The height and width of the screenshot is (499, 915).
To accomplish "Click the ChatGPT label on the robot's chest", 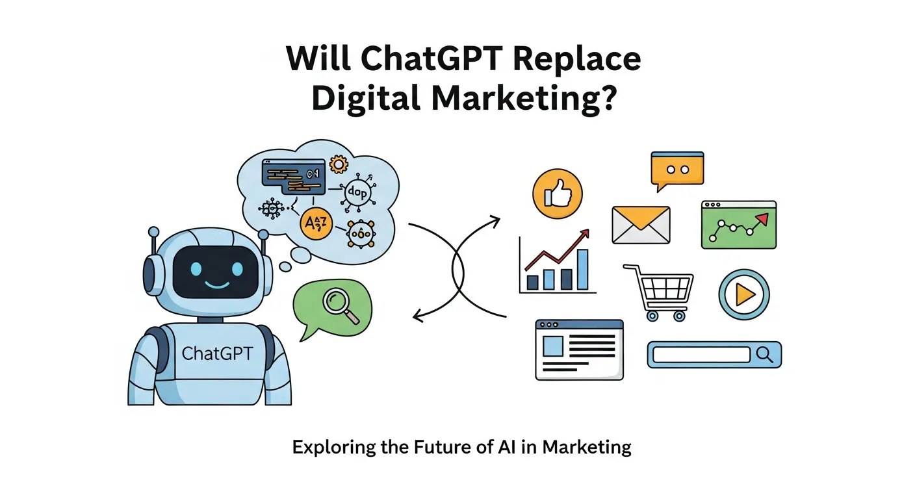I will (x=218, y=353).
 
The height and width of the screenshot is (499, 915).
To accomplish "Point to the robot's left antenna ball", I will (x=153, y=231).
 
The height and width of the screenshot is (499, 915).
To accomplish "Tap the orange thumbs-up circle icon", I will (x=557, y=194).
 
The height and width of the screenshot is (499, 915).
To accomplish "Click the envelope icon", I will (x=640, y=225).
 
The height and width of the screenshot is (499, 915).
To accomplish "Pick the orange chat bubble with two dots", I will (x=677, y=170).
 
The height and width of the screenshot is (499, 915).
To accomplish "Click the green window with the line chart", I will (x=738, y=225).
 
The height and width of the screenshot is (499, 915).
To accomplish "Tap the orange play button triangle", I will (x=744, y=295).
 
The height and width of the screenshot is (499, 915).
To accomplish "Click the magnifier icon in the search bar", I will (x=766, y=354).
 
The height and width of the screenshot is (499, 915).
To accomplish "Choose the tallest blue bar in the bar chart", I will (x=582, y=269).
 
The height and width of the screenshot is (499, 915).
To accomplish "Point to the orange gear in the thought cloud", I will (x=339, y=164).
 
